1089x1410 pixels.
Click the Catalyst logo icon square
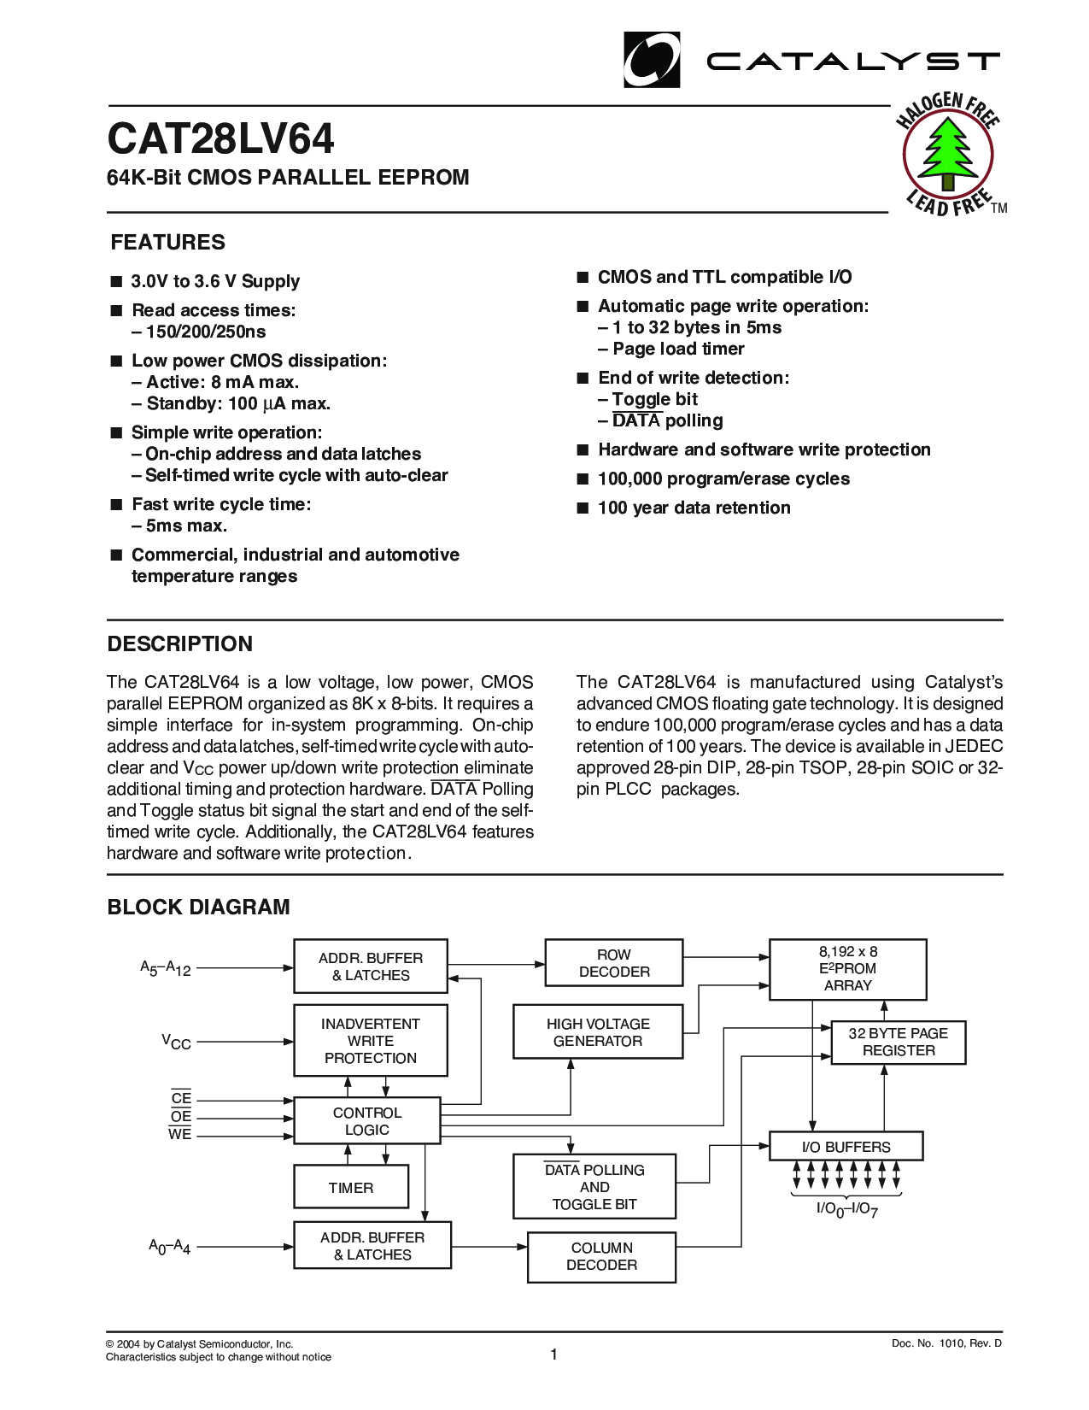[x=652, y=60]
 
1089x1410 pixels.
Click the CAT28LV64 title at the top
[x=220, y=139]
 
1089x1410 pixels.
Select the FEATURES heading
[x=167, y=243]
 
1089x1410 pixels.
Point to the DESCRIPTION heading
[x=179, y=644]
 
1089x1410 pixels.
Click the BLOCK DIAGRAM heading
[x=198, y=908]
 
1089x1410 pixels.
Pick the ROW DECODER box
[x=613, y=963]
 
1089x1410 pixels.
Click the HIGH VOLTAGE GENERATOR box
[x=597, y=1032]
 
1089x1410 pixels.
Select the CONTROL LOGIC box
[x=366, y=1121]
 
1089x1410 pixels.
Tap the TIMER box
[x=350, y=1188]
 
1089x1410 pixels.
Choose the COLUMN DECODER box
[x=601, y=1257]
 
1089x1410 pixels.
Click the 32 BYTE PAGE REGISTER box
[x=898, y=1043]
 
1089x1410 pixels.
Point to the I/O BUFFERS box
[x=846, y=1147]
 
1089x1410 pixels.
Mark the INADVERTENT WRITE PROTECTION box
[x=370, y=1041]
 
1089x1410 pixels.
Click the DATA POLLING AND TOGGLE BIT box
[x=594, y=1187]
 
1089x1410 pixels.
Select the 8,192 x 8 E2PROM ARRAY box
[x=847, y=969]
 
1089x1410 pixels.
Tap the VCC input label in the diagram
[x=176, y=1042]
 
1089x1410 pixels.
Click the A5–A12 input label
[x=165, y=968]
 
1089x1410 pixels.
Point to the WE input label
[x=179, y=1135]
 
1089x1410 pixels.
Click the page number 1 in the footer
[x=553, y=1354]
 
